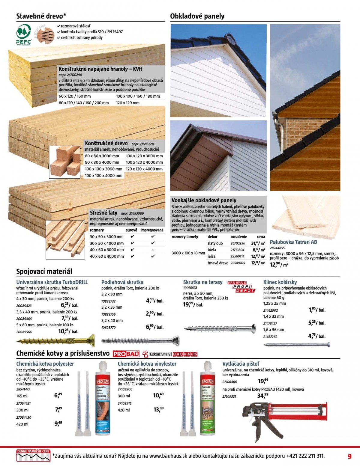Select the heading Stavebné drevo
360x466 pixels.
coord(41,16)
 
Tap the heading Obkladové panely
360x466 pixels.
coord(197,16)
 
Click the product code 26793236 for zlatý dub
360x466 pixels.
coord(238,244)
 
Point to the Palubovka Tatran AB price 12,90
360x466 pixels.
coord(279,264)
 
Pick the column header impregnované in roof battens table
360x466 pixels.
coord(152,230)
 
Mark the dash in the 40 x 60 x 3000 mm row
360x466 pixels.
coord(153,250)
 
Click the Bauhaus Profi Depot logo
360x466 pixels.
coord(241,287)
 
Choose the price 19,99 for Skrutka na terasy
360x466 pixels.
coord(193,304)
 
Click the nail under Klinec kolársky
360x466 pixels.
coord(296,345)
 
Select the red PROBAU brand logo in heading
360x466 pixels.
coord(126,354)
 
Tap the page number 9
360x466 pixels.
coord(349,456)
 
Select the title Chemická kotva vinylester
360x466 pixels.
coord(147,364)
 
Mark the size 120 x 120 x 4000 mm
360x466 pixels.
coord(144,169)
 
